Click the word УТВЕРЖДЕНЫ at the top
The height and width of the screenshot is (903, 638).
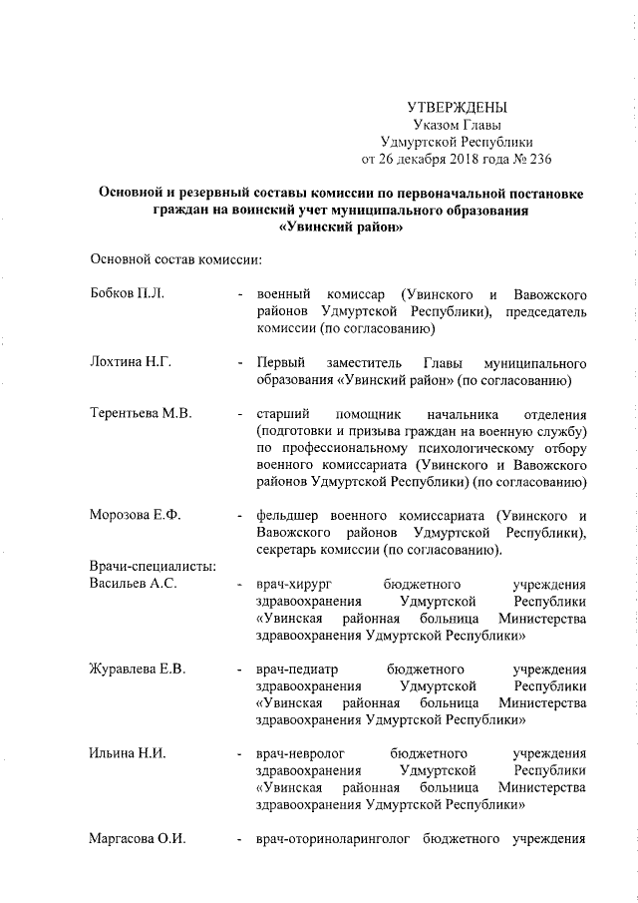pyautogui.click(x=458, y=108)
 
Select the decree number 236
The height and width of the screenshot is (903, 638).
pyautogui.click(x=538, y=158)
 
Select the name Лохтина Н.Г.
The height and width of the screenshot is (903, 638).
pyautogui.click(x=131, y=361)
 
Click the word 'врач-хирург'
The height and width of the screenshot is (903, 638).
pyautogui.click(x=291, y=584)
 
